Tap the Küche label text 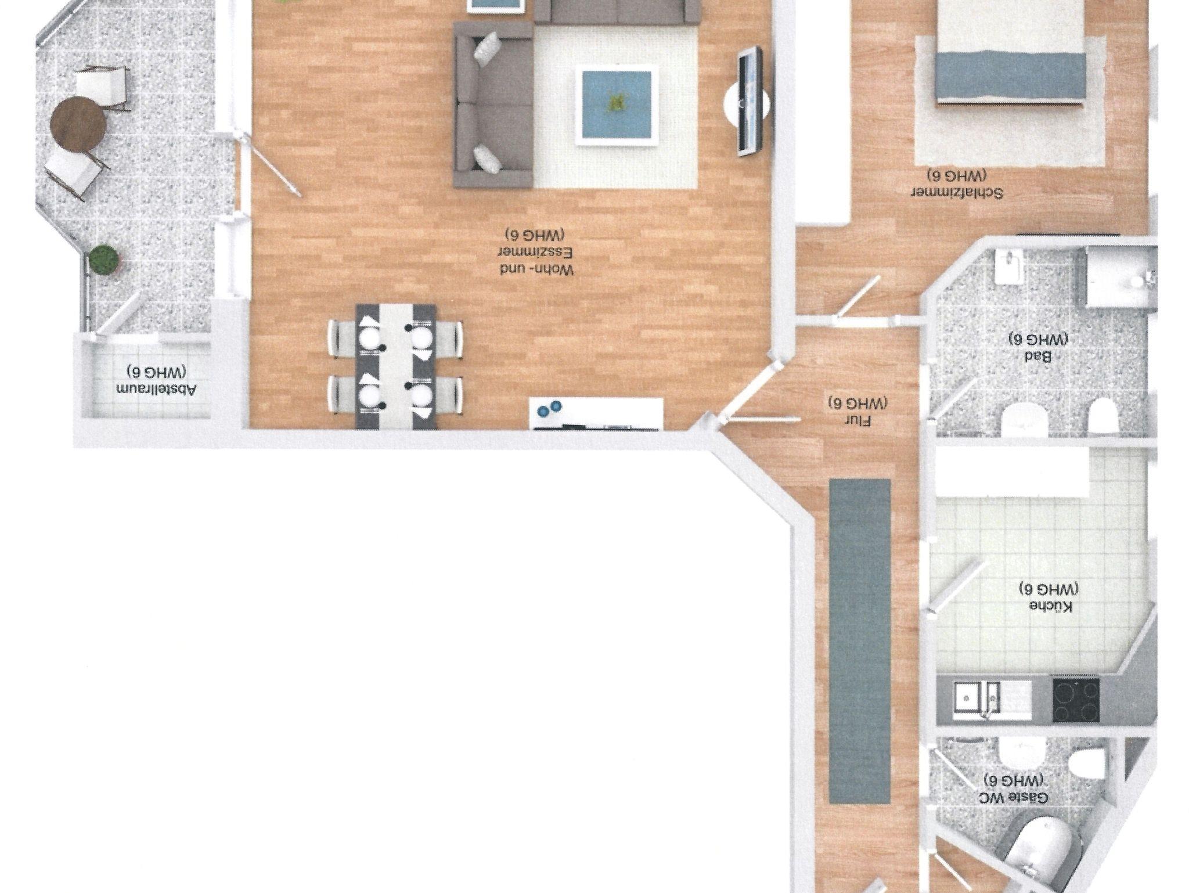tap(1049, 597)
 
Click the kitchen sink tap(977, 700)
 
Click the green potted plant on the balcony tap(105, 260)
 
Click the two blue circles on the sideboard tap(550, 409)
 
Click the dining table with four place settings tap(397, 366)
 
